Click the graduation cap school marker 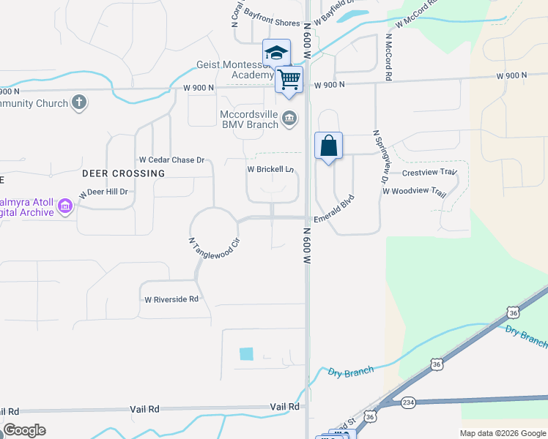tap(276, 53)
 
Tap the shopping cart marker tap(289, 78)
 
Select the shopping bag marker tap(329, 145)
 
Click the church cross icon tap(80, 102)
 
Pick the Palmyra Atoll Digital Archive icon tap(65, 207)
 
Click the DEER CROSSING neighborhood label tap(123, 173)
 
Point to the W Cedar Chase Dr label tap(171, 160)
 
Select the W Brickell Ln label tap(270, 169)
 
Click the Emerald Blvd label tap(334, 209)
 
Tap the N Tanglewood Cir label tap(215, 247)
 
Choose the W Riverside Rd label tap(171, 299)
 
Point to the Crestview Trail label tap(429, 173)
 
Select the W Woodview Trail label tap(414, 192)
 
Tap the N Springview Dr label tap(379, 157)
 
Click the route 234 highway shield tap(408, 402)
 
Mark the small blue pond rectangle tap(246, 354)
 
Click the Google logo tap(24, 430)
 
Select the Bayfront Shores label tap(272, 23)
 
